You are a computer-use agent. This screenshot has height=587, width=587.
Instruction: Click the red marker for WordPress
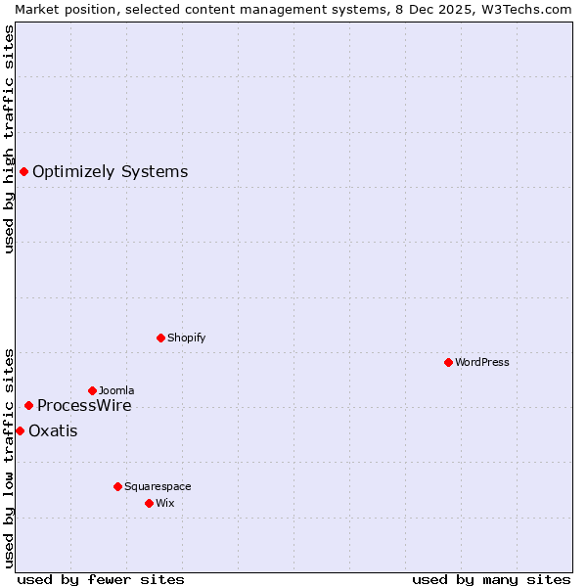click(448, 362)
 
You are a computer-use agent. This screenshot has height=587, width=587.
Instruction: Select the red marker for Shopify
click(160, 338)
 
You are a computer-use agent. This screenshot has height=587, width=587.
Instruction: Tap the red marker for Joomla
click(92, 390)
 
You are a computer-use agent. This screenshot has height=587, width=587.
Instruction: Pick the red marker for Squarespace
click(117, 486)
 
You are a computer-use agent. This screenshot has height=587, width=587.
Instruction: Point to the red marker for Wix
click(149, 503)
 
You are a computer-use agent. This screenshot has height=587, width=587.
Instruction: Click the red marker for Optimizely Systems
click(23, 172)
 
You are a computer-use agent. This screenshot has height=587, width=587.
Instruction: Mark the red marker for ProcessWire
click(28, 405)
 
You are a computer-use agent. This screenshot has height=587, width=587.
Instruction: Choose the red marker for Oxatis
click(20, 430)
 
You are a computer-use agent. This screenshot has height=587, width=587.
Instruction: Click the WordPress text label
click(482, 362)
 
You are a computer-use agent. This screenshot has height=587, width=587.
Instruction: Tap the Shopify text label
click(186, 338)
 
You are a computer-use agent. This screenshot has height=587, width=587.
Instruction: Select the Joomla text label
click(116, 390)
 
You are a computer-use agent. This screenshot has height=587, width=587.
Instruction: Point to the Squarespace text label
click(158, 486)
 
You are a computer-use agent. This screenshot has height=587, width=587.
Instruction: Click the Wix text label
click(165, 503)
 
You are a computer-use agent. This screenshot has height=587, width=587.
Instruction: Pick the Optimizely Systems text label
click(110, 172)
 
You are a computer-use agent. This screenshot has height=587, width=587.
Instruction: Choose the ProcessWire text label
click(84, 405)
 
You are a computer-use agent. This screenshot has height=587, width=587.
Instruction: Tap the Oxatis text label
click(53, 430)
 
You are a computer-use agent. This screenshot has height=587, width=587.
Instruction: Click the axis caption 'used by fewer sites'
click(101, 579)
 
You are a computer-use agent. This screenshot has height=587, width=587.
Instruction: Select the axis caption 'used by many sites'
click(491, 579)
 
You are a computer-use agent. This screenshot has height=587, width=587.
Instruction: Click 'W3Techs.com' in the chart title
click(532, 9)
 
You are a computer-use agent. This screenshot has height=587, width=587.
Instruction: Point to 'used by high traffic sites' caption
click(9, 139)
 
